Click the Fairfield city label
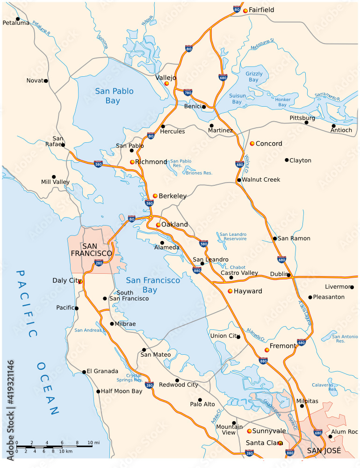[261, 10]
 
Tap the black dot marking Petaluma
[18, 19]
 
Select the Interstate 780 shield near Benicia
[188, 93]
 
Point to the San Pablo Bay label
[114, 96]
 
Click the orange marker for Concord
[252, 143]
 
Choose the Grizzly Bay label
[254, 77]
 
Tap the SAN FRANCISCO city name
[92, 250]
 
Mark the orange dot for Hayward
[230, 291]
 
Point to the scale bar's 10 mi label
[94, 442]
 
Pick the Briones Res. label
[199, 173]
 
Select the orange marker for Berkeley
[155, 196]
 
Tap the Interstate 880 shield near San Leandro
[197, 270]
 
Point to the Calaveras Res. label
[324, 387]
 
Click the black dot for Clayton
[287, 160]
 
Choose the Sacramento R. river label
[327, 95]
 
